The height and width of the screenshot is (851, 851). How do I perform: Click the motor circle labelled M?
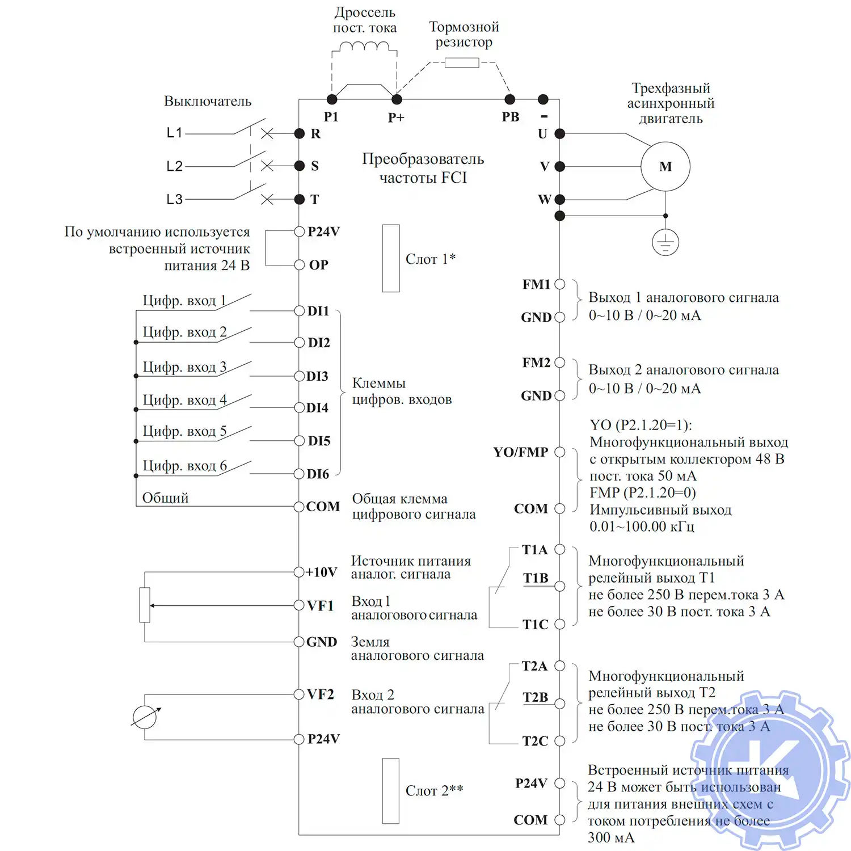(665, 166)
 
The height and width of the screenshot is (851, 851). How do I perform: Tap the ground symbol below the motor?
(665, 243)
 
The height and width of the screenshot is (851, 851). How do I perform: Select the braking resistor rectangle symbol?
(462, 62)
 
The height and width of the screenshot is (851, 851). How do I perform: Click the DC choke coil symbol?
(364, 46)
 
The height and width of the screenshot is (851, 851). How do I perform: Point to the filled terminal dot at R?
(300, 133)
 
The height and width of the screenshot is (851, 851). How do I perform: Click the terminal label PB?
(510, 117)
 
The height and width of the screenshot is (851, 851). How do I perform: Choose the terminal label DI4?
(318, 408)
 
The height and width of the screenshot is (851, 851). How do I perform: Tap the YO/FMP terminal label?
(520, 452)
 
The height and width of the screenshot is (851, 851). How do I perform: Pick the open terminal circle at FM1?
(559, 284)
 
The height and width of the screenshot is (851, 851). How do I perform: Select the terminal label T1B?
(536, 578)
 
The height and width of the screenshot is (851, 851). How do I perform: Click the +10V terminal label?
(322, 572)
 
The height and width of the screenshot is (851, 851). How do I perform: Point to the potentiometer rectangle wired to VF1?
(145, 605)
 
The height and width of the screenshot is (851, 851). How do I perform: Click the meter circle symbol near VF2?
(144, 717)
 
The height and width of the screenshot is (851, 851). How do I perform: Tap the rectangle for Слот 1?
(391, 258)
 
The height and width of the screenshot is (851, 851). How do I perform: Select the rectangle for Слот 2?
(391, 790)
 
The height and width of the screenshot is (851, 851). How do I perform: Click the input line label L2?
(175, 166)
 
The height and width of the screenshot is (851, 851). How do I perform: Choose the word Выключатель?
(208, 101)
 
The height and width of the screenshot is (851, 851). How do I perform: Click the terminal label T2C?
(535, 741)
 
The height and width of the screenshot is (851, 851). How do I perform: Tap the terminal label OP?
(318, 265)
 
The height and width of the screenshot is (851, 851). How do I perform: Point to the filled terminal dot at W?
(559, 199)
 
